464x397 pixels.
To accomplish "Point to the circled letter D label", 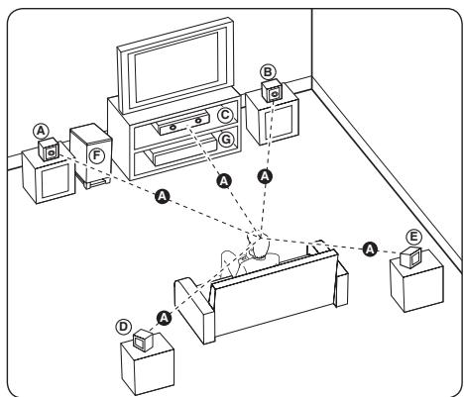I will (123, 327).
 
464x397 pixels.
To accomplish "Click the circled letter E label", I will (413, 238).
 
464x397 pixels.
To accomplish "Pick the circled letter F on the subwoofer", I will (96, 155).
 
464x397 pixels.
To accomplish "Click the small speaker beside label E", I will (409, 260).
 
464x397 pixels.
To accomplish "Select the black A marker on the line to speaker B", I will (265, 174).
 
